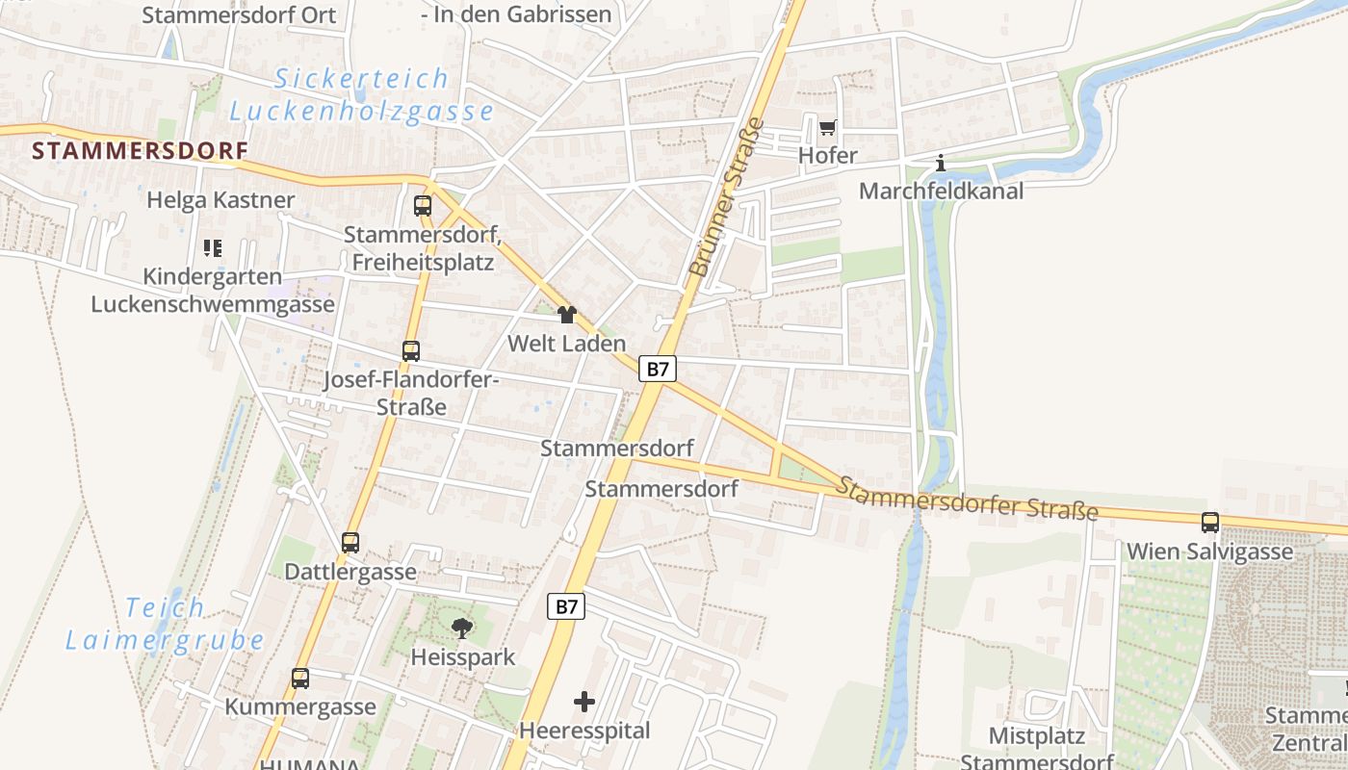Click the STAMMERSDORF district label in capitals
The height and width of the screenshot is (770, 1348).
pos(140,151)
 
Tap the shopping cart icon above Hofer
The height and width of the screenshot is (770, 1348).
pos(827,128)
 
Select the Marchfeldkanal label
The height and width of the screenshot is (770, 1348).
pos(941,191)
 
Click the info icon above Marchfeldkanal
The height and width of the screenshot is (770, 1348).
pos(941,164)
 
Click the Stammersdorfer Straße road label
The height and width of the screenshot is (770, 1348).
pos(966,497)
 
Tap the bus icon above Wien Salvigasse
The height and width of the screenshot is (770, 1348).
pos(1209,523)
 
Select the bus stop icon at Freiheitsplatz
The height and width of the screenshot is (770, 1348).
pos(422,205)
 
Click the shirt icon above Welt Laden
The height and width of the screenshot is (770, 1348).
pos(566,315)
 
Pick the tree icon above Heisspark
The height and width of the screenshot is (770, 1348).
pos(462,629)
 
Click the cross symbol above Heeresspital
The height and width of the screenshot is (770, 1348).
pos(584,702)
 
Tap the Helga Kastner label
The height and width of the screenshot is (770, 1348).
pos(220,200)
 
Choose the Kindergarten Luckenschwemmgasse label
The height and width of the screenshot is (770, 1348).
pos(213,291)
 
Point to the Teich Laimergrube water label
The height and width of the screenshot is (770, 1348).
pos(165,624)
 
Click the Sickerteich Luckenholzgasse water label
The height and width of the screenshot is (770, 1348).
pos(361,94)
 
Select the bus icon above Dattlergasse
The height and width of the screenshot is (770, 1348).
pos(350,543)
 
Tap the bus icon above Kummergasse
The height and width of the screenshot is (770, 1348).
pos(300,679)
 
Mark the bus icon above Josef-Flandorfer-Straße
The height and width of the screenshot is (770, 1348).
pos(411,351)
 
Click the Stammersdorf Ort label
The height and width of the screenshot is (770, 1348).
pos(239,15)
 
